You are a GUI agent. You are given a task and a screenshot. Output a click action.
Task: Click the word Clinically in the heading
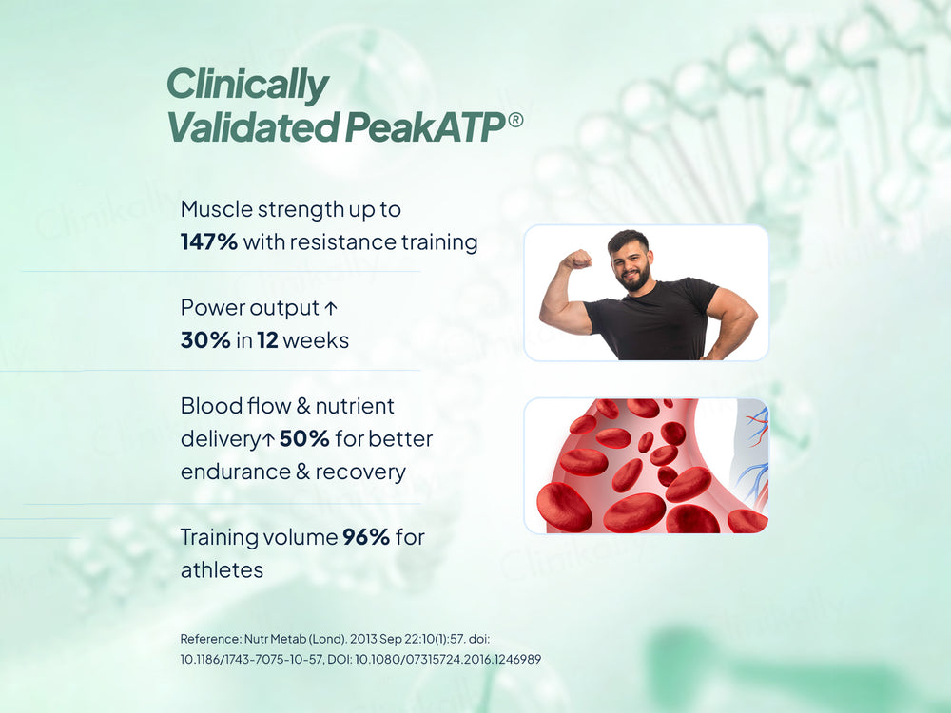(247, 87)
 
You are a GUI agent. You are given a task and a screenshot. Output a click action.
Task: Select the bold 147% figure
(208, 242)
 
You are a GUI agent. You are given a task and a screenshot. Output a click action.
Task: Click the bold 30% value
(205, 339)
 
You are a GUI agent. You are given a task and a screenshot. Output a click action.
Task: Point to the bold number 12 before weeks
(267, 339)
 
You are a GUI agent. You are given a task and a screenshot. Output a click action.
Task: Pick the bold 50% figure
(304, 439)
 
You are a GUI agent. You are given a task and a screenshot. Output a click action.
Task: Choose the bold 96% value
(366, 537)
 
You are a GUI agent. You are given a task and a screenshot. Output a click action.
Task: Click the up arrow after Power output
(331, 308)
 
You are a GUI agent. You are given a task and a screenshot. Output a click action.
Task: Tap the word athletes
(222, 570)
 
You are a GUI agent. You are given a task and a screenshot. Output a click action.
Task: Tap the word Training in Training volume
(220, 537)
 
